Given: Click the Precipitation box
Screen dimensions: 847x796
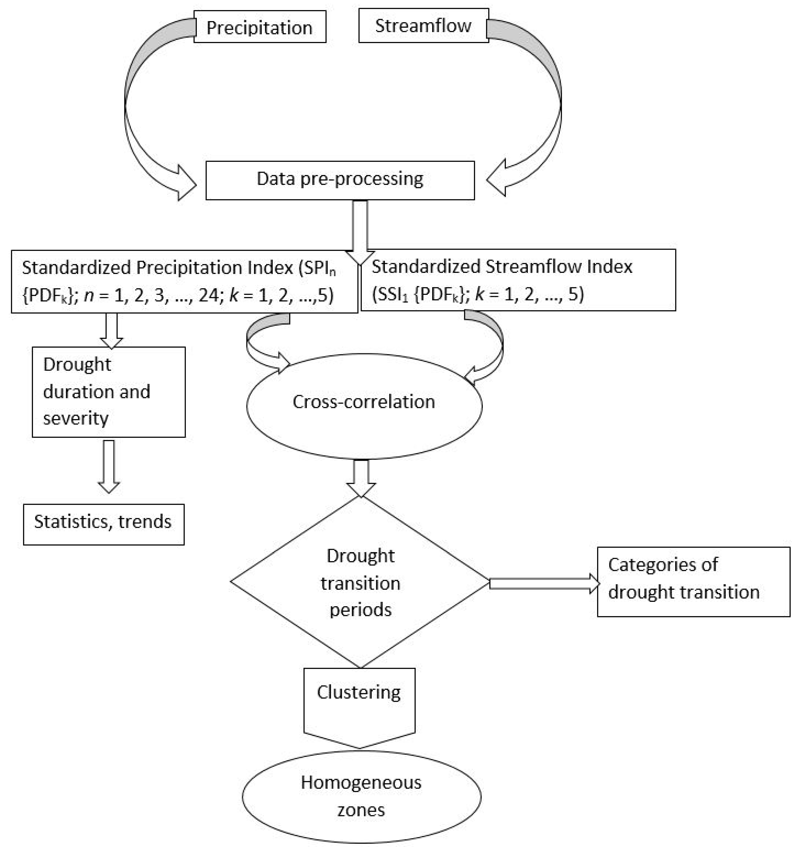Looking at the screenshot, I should pyautogui.click(x=260, y=27).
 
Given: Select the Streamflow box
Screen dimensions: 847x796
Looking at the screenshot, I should pyautogui.click(x=423, y=26).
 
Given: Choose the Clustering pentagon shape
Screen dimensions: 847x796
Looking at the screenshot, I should pyautogui.click(x=359, y=703).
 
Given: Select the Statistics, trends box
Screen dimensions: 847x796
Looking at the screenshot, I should pyautogui.click(x=104, y=524).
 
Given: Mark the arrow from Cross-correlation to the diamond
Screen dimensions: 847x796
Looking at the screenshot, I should pyautogui.click(x=361, y=477).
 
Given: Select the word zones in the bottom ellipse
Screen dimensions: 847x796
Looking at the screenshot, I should pyautogui.click(x=361, y=810).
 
